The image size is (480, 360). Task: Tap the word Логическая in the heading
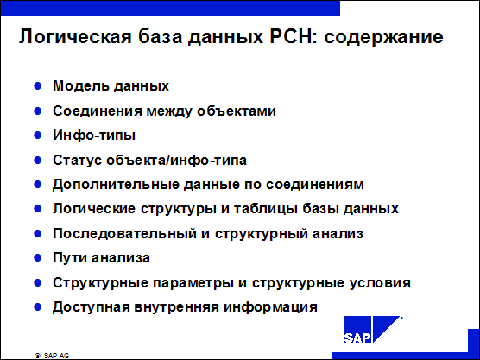[75, 37]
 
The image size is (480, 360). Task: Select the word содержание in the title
[383, 37]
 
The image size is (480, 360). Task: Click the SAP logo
[373, 329]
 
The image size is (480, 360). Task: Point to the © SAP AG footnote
[52, 356]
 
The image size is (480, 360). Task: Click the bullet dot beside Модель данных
[38, 86]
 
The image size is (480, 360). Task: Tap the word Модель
[81, 85]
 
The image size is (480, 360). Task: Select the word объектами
[237, 111]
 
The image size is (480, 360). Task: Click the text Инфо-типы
[94, 136]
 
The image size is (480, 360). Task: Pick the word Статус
[78, 160]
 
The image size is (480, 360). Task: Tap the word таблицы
[266, 209]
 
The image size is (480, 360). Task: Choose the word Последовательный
[124, 234]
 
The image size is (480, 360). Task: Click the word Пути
[71, 258]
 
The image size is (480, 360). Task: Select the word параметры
[193, 283]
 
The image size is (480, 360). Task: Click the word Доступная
[92, 307]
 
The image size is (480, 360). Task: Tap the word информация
[270, 307]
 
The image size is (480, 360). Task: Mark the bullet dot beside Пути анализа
[38, 258]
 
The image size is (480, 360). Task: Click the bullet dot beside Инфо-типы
[38, 136]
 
